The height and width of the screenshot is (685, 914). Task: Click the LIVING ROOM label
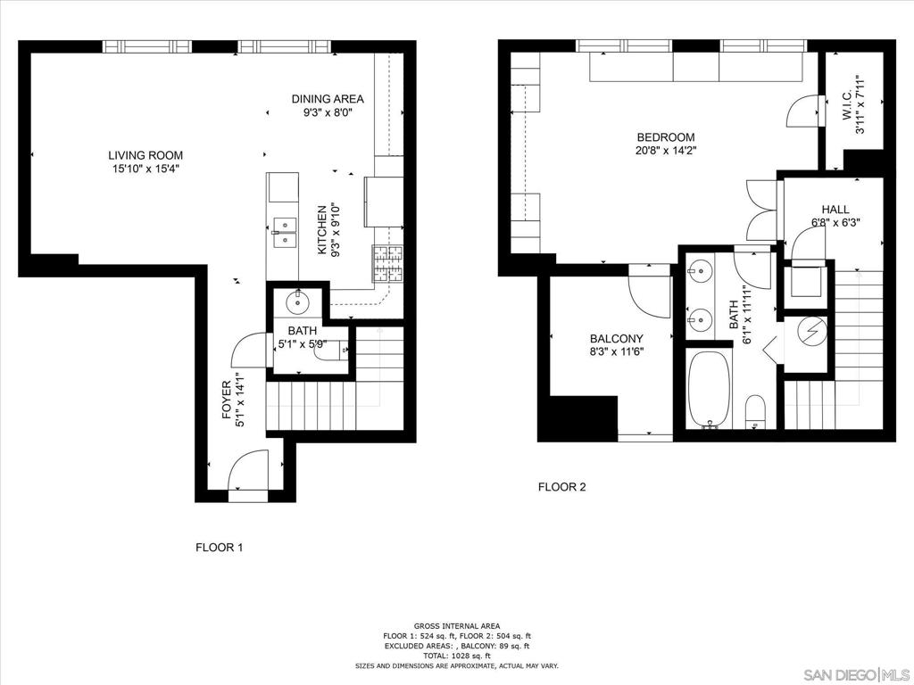click(145, 155)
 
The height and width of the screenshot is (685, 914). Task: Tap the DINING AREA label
click(328, 99)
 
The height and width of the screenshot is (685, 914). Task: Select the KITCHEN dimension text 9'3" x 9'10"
click(335, 229)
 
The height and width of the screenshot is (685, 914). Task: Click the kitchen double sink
click(284, 232)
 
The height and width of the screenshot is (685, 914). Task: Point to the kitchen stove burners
click(387, 263)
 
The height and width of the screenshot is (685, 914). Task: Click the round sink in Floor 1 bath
click(298, 302)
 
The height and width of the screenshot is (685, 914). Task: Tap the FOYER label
click(227, 401)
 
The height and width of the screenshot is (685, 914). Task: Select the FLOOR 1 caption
click(219, 548)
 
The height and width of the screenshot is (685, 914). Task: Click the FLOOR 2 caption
click(561, 487)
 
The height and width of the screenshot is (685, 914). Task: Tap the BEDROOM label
click(666, 137)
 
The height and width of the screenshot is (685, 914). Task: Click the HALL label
click(835, 210)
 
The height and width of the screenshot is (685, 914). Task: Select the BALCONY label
click(616, 339)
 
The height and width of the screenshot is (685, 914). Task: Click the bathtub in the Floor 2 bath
click(709, 389)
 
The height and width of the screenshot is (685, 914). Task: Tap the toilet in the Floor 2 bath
click(755, 411)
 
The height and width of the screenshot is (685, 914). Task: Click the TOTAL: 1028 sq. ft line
click(457, 656)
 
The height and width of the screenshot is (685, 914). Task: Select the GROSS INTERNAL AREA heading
click(457, 626)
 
